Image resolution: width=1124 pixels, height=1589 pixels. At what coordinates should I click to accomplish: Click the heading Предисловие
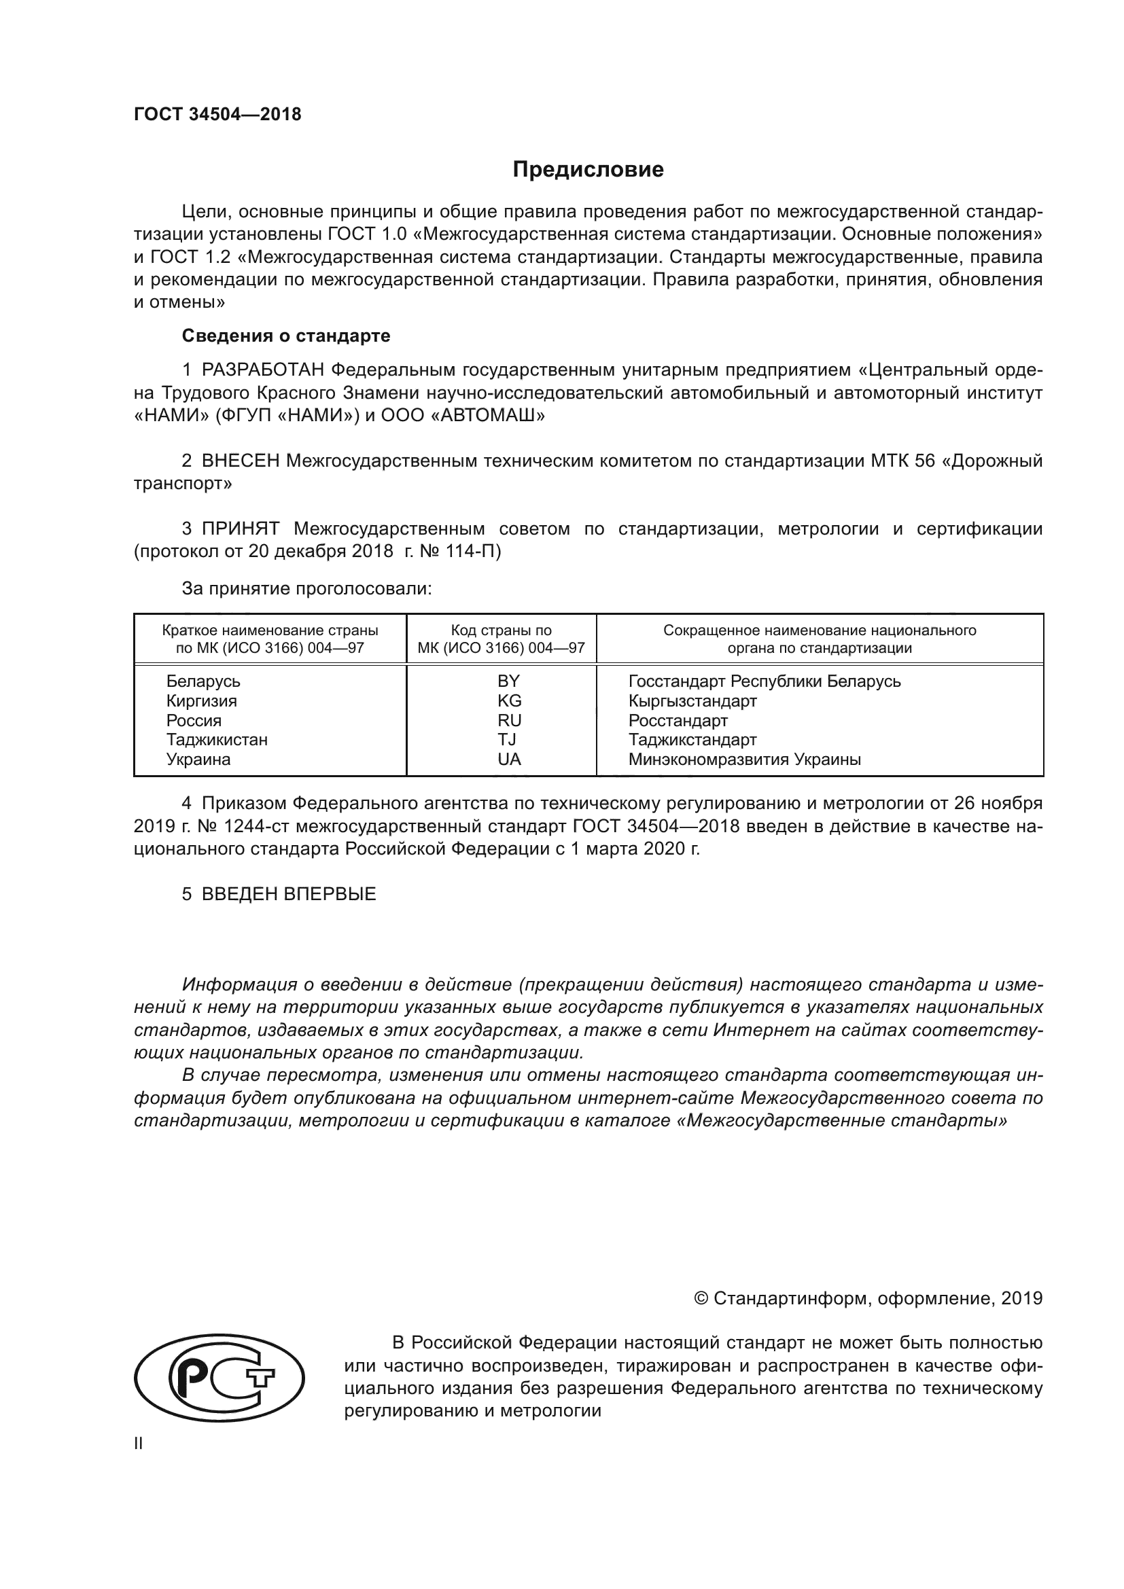[588, 170]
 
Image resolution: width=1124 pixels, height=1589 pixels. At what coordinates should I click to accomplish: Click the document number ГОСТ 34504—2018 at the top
[217, 115]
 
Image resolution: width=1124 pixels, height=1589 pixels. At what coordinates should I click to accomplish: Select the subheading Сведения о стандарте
[286, 336]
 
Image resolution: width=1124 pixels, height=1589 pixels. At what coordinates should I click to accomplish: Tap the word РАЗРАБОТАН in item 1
[263, 371]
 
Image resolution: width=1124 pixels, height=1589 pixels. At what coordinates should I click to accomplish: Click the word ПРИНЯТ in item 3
[240, 529]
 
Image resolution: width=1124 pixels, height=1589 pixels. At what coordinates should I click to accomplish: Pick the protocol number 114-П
[478, 552]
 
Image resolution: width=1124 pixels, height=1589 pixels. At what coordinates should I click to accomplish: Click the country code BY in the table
[508, 681]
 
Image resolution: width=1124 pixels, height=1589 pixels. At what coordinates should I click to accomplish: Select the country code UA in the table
[509, 760]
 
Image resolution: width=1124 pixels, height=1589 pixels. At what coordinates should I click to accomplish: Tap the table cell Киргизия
[201, 701]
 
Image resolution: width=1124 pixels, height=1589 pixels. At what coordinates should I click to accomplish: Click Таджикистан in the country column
[217, 740]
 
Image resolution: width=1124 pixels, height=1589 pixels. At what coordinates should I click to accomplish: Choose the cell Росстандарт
[678, 720]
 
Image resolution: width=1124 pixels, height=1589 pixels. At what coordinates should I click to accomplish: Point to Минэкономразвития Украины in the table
[744, 760]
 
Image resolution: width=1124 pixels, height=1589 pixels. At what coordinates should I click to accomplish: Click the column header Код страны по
[501, 630]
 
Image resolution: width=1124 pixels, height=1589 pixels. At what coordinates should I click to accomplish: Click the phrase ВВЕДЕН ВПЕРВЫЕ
[289, 894]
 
